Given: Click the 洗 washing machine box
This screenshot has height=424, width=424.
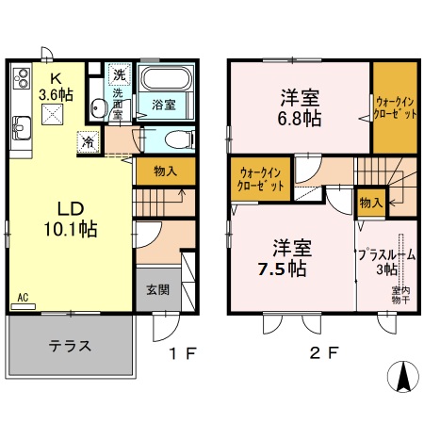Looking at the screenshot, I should tap(120, 73).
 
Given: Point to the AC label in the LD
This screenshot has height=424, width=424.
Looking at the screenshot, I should tap(23, 298).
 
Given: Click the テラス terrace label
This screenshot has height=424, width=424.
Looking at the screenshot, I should tap(70, 345).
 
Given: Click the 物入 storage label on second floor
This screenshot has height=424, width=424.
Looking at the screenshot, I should tap(369, 202).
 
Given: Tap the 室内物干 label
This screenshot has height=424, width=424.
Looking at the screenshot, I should tap(400, 296).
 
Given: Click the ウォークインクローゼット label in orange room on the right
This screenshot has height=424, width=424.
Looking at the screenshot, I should tap(394, 107).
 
